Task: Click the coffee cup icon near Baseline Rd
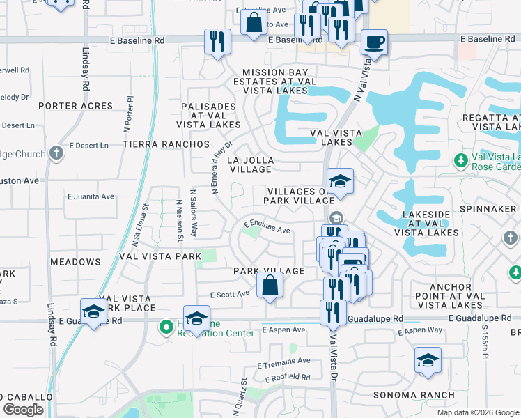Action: [374, 42]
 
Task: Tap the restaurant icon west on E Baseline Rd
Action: [217, 41]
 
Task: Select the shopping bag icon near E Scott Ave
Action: [270, 286]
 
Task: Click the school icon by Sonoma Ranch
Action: [428, 361]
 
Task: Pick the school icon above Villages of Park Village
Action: [340, 182]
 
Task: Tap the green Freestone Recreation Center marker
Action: [166, 326]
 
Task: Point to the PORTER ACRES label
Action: [75, 106]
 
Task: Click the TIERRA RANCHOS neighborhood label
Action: [166, 144]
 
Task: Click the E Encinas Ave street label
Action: [266, 227]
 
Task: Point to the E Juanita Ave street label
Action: [91, 196]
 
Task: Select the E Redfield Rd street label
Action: [287, 377]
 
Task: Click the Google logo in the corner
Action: [23, 410]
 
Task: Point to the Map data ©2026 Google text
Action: [477, 412]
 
